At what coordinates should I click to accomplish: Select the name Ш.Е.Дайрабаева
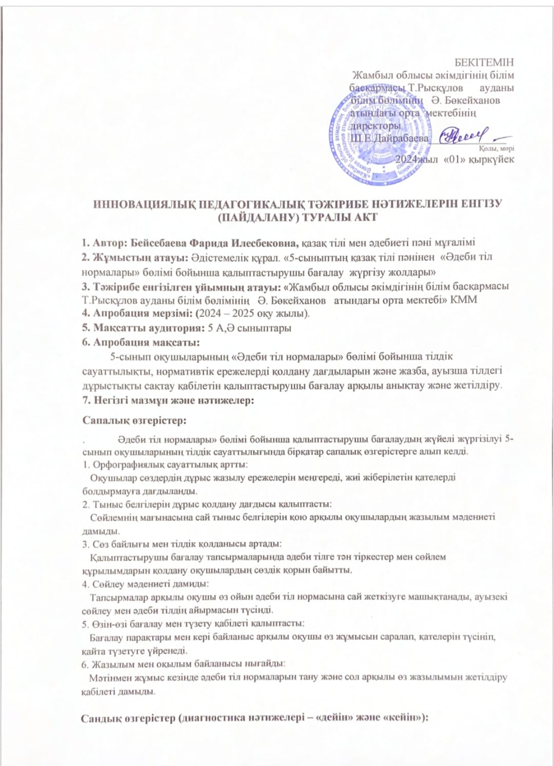(x=390, y=138)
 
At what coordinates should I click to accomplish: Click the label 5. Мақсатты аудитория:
(x=143, y=327)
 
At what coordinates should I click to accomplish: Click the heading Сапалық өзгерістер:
(x=134, y=420)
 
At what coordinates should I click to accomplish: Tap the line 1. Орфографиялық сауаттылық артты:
(x=165, y=464)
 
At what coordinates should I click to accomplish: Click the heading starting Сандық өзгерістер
(x=254, y=718)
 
